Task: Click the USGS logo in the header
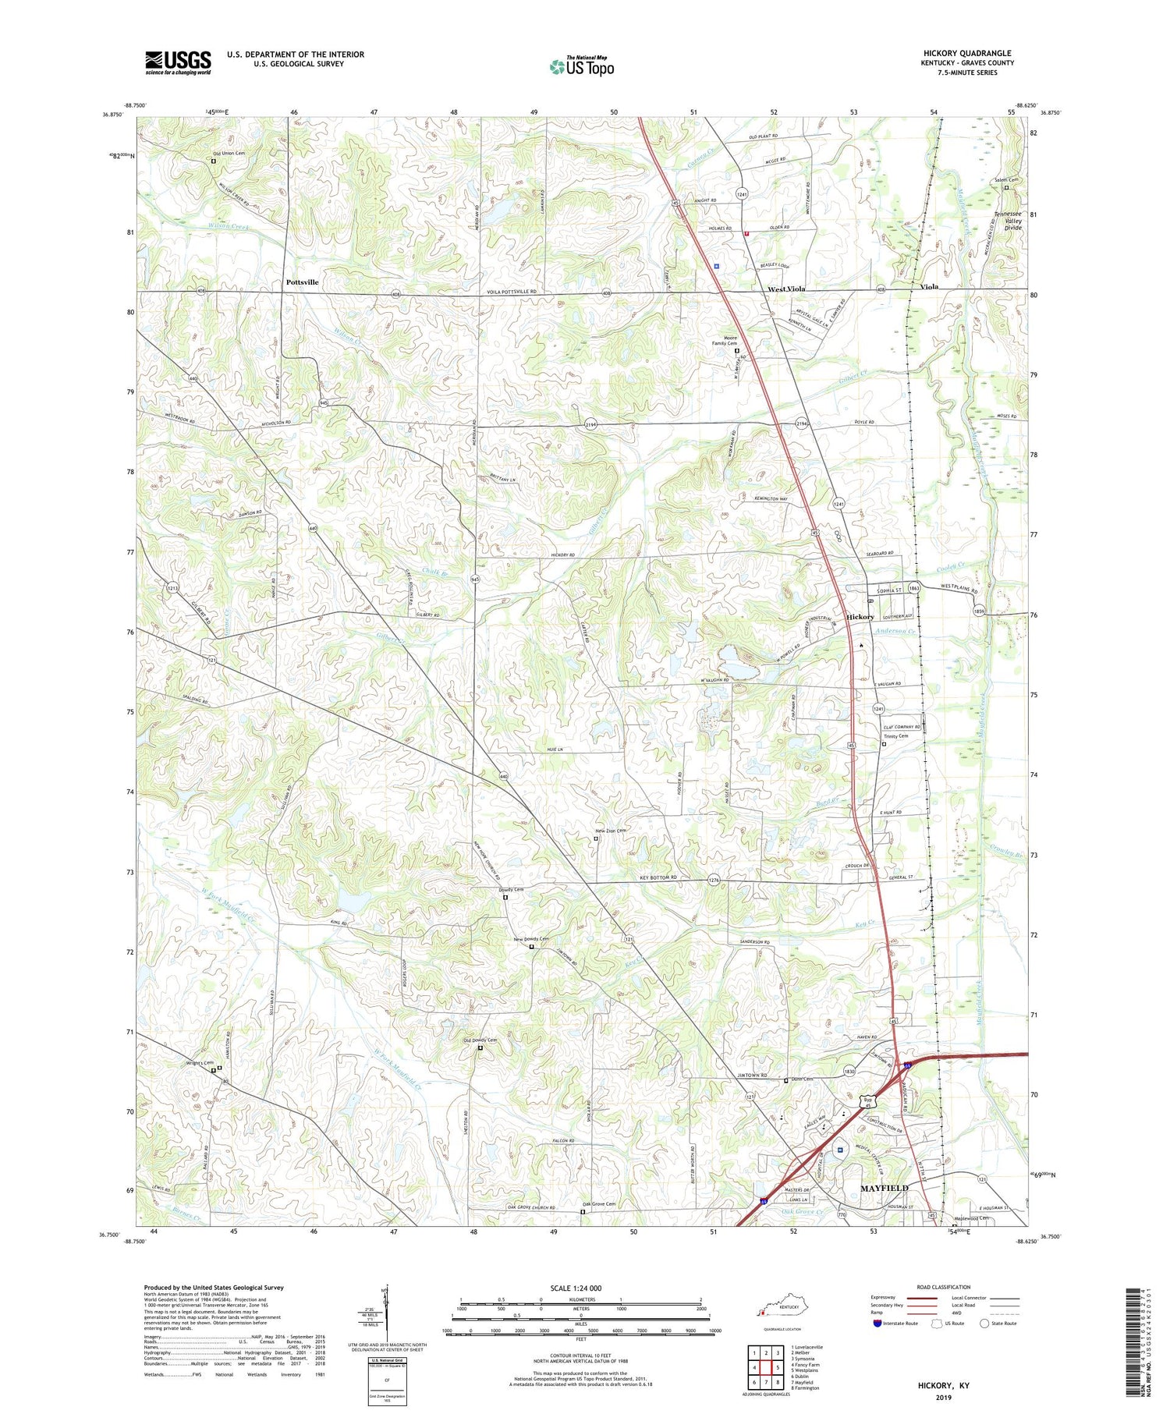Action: (178, 62)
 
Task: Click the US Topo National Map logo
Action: (581, 66)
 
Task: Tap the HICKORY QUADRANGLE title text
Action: (967, 53)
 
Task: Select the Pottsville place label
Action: (302, 282)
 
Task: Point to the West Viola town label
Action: (785, 289)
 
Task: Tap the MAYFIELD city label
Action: (884, 1187)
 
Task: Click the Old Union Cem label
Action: (229, 153)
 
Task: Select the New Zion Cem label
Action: (611, 831)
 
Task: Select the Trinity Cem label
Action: (895, 735)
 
